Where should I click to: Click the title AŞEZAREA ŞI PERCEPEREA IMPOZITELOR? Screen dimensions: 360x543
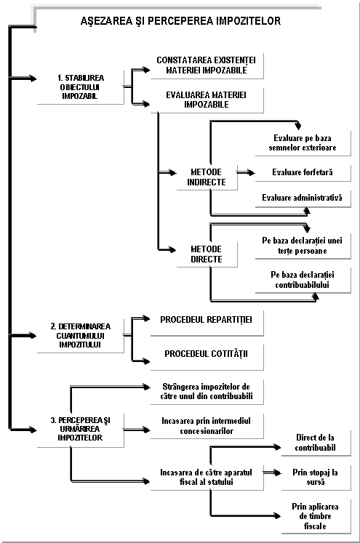[x=180, y=21]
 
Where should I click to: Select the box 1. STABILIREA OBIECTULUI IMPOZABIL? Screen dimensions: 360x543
[x=81, y=87]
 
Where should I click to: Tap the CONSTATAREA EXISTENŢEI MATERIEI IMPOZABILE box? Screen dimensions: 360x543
[x=207, y=65]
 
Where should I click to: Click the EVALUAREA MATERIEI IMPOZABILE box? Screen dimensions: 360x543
[x=207, y=100]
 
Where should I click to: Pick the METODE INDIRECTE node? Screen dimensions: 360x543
[x=207, y=177]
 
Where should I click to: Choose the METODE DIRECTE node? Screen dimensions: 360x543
[x=207, y=254]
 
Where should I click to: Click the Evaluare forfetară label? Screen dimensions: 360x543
[x=303, y=172]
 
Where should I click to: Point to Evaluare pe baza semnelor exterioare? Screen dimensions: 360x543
[x=303, y=143]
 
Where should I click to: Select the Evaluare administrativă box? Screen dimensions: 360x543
[x=303, y=198]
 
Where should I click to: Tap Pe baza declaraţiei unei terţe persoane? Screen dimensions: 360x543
[x=303, y=246]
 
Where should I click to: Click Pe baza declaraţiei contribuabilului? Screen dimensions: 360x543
[x=303, y=280]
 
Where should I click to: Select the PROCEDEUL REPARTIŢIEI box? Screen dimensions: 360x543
[x=207, y=323]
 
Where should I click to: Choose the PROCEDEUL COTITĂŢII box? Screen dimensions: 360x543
[x=207, y=357]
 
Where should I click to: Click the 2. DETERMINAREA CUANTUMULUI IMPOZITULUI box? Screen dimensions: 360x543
[x=81, y=336]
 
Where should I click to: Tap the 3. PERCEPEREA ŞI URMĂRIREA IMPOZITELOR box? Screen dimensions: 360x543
[x=81, y=430]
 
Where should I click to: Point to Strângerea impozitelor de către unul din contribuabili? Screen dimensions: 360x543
[x=207, y=392]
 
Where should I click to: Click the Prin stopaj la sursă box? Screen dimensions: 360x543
[x=316, y=478]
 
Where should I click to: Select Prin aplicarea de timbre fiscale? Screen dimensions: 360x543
[x=316, y=516]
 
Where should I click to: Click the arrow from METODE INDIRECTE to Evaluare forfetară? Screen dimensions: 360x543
[x=246, y=172]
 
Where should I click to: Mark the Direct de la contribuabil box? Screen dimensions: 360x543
[x=316, y=443]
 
